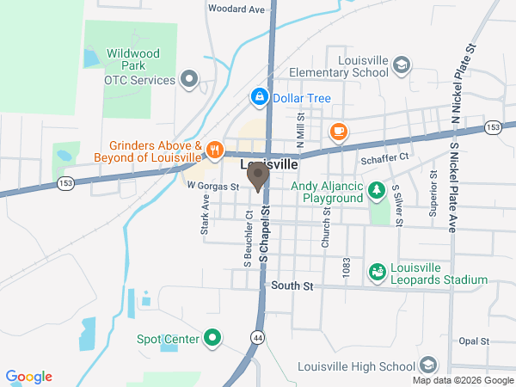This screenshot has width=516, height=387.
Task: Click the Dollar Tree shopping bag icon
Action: tap(258, 98)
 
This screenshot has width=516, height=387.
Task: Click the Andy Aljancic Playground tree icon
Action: tap(376, 190)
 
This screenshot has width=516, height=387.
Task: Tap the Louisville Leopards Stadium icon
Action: tap(377, 273)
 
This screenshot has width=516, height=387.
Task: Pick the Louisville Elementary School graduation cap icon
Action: tap(402, 65)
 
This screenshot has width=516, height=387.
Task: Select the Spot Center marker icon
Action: tap(212, 339)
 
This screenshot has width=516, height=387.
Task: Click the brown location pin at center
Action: tap(257, 176)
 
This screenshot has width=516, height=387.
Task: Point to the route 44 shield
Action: tap(256, 338)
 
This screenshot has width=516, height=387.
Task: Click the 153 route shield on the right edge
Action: tap(492, 127)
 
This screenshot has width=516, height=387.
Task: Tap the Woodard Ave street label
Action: tap(236, 9)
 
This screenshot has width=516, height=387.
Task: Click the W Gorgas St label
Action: tap(212, 185)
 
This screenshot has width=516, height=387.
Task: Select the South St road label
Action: tap(289, 286)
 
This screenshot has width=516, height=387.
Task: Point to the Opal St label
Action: tap(474, 341)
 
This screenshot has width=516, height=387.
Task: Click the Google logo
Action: tap(29, 377)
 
